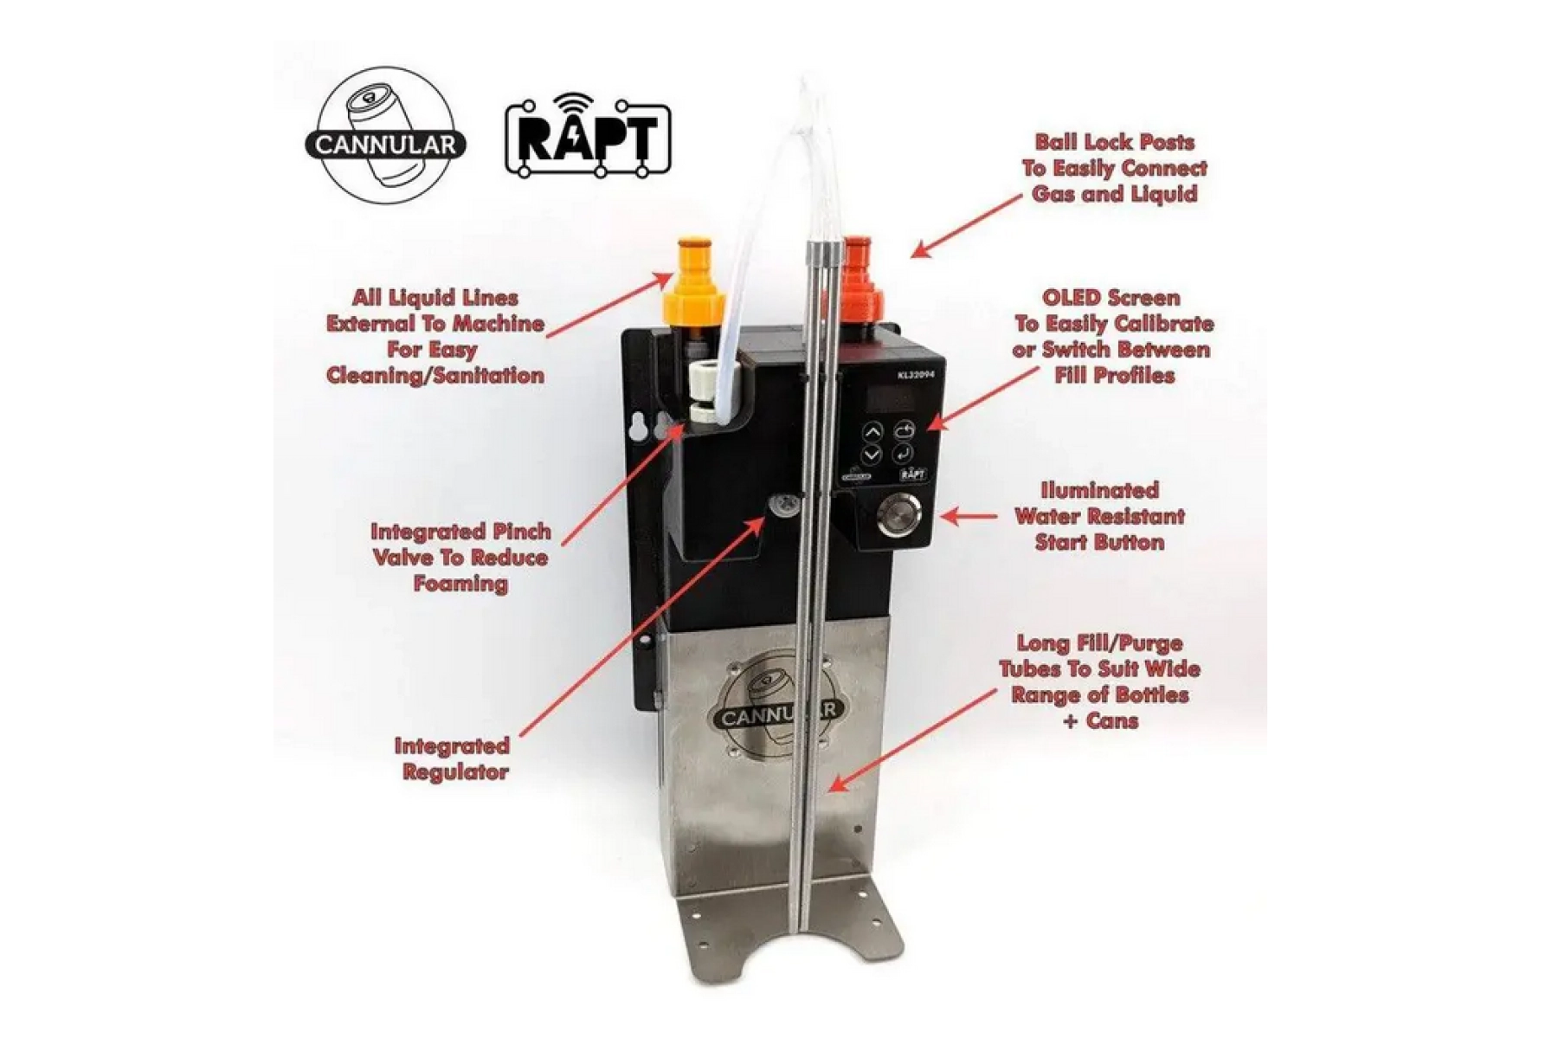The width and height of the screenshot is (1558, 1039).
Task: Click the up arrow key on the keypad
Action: point(872,431)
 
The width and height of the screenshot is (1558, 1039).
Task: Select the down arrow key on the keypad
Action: point(872,455)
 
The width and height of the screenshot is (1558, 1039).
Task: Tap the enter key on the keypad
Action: point(905,452)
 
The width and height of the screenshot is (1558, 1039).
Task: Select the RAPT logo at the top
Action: point(589,136)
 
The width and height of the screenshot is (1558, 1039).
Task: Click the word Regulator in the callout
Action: point(455,772)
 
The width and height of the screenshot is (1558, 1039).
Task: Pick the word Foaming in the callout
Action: point(460,584)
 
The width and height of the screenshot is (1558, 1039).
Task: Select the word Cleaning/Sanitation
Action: point(435,376)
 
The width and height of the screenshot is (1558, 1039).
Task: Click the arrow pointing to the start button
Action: point(969,517)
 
